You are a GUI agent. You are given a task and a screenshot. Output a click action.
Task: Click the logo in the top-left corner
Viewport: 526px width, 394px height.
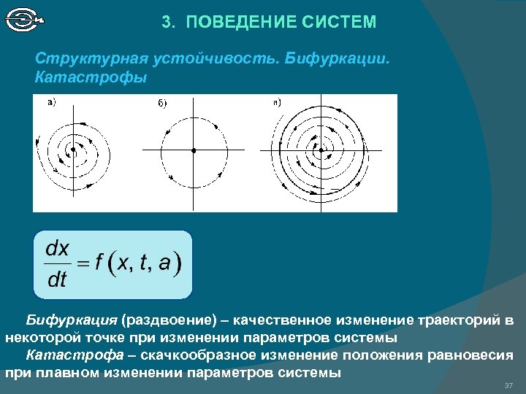[x=23, y=20]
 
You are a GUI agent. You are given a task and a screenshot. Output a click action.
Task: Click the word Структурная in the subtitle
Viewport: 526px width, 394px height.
[x=84, y=58]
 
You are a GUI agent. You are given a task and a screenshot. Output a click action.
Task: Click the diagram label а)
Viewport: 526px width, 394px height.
[x=52, y=102]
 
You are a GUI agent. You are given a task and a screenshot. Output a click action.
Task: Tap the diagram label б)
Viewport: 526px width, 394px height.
[x=162, y=104]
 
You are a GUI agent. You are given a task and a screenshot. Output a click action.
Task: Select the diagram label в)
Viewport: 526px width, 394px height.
[x=277, y=102]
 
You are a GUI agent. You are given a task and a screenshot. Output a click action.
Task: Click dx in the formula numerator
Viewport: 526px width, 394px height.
[x=57, y=249]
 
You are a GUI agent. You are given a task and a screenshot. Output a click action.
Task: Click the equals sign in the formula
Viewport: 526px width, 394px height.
[x=84, y=264]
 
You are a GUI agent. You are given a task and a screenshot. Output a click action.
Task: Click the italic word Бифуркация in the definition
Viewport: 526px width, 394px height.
[x=72, y=320]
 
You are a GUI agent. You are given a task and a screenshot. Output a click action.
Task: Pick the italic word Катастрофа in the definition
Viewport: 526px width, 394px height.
[x=73, y=355]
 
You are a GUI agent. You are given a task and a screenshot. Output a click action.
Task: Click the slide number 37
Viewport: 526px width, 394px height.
[x=508, y=385]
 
